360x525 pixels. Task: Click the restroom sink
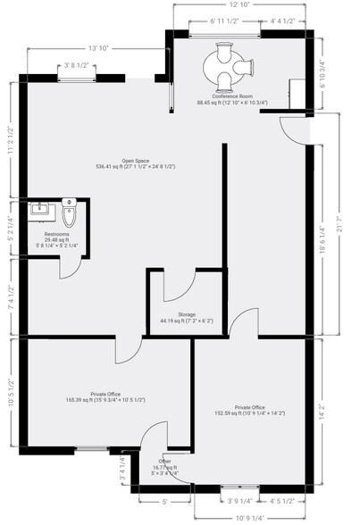pos(39,211)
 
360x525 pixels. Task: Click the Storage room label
pos(187,315)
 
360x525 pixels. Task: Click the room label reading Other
pos(163,461)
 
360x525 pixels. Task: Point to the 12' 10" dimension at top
pos(240,5)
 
